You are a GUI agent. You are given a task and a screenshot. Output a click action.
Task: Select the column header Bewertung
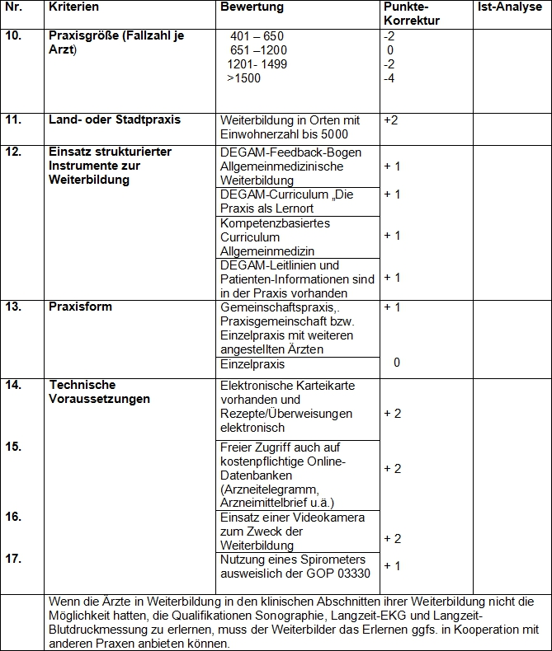pyautogui.click(x=252, y=7)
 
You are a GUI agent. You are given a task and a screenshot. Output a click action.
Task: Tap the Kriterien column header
pyautogui.click(x=73, y=7)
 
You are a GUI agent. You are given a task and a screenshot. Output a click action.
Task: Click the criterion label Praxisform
pyautogui.click(x=81, y=307)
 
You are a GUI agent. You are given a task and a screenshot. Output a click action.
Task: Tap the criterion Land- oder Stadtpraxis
pyautogui.click(x=115, y=120)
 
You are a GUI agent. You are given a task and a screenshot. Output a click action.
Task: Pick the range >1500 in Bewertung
pyautogui.click(x=243, y=78)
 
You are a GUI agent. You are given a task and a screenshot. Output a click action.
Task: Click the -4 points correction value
pyautogui.click(x=389, y=78)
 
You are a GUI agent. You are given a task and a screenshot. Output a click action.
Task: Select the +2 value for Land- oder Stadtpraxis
pyautogui.click(x=391, y=120)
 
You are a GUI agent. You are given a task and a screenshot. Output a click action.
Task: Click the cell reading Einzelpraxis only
pyautogui.click(x=252, y=363)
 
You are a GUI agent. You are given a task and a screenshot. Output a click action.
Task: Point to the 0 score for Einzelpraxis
pyautogui.click(x=397, y=363)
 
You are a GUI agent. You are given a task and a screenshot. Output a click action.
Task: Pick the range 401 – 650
pyautogui.click(x=257, y=36)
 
